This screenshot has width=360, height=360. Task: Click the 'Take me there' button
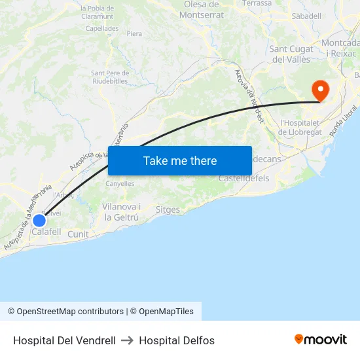tap(180, 160)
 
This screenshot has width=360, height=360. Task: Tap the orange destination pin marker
tap(321, 90)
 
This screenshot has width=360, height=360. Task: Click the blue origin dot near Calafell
tap(39, 220)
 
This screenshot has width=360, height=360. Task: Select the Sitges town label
tap(168, 210)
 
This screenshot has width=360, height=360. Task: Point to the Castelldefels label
tap(243, 178)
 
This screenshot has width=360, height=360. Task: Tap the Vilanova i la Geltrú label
tap(122, 211)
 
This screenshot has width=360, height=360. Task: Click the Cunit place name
tap(78, 234)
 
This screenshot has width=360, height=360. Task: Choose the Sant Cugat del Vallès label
tap(290, 54)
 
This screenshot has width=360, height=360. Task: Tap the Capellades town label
tap(102, 29)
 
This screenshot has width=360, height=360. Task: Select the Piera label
tap(135, 33)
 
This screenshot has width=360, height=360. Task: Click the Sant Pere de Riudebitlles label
tap(110, 77)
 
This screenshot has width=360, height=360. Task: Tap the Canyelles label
tap(120, 184)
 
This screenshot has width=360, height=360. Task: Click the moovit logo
tap(321, 339)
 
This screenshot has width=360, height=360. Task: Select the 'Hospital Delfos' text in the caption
tap(177, 340)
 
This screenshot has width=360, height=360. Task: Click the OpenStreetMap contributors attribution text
tap(65, 312)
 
